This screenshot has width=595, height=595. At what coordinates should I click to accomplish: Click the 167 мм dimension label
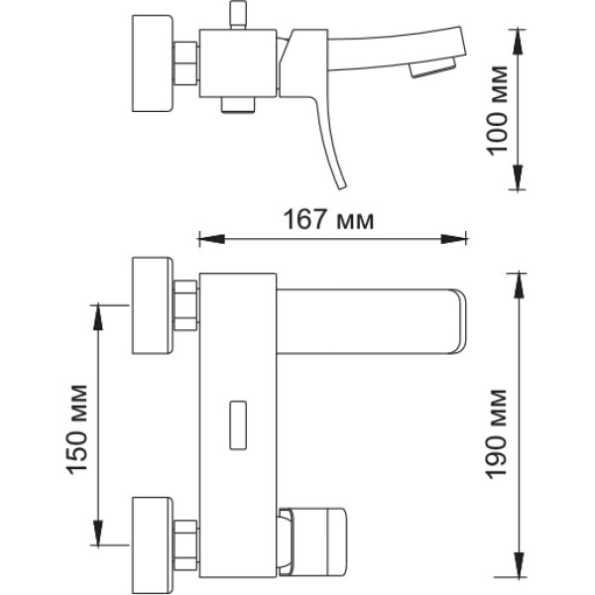tap(328, 220)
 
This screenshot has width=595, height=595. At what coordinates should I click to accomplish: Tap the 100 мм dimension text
tap(497, 110)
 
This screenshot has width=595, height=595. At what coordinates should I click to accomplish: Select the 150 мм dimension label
tap(77, 430)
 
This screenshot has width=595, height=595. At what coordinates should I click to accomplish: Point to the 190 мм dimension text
tap(497, 434)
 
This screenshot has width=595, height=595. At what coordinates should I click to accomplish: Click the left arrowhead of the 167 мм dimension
tap(211, 239)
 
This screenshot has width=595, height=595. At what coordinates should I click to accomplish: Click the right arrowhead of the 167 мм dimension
tap(453, 239)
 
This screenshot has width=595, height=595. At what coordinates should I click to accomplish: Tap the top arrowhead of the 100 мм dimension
tap(518, 43)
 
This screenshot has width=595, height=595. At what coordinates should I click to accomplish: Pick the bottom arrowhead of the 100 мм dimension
tap(518, 178)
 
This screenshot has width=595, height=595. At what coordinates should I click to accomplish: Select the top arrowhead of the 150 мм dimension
tap(98, 317)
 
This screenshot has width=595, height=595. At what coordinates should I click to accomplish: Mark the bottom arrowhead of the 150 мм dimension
tap(98, 533)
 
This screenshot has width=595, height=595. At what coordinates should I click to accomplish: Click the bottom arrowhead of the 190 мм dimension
tap(519, 564)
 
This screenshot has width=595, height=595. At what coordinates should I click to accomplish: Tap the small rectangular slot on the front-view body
tap(238, 425)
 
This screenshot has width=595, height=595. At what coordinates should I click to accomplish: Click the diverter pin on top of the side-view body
tap(238, 15)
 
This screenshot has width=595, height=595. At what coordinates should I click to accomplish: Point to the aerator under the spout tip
tap(432, 67)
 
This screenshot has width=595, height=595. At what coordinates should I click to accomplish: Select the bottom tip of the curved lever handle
tap(342, 187)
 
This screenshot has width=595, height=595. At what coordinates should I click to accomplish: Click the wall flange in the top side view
tap(152, 63)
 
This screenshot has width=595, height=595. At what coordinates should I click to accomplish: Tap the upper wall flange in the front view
tap(152, 305)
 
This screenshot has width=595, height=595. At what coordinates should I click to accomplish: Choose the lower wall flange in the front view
tap(152, 545)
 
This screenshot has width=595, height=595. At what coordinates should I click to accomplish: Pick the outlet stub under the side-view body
tap(238, 105)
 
